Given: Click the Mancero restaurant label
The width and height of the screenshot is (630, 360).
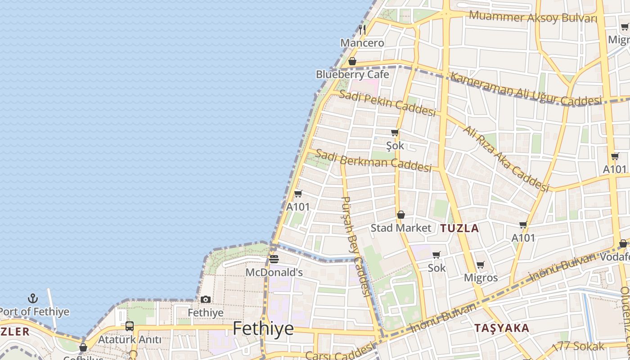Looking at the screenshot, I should (362, 43).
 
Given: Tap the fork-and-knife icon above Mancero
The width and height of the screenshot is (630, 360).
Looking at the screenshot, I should (362, 30).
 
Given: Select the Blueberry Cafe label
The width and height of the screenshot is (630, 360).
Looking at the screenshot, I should (352, 74).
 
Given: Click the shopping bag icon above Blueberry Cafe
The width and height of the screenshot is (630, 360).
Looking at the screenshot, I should (352, 61).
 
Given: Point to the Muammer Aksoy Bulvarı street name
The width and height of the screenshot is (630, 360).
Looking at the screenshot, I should (533, 18).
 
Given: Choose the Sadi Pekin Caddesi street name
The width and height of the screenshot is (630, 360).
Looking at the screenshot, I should (387, 103).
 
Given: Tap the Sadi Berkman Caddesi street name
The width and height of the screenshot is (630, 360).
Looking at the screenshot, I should (373, 160).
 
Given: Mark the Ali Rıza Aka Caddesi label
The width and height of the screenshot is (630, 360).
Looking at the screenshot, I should (506, 157).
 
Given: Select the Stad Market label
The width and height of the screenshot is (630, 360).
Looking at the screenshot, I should (400, 228).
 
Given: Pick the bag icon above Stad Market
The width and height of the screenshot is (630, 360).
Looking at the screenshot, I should (400, 215).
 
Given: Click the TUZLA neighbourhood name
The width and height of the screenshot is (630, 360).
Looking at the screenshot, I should (459, 228).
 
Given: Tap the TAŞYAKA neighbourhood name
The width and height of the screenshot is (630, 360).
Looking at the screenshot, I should (502, 328).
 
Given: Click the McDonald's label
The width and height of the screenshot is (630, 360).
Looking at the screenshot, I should (274, 272).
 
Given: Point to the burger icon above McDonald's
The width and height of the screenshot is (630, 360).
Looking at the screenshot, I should (274, 259).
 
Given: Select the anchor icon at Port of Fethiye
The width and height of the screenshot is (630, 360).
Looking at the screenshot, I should (32, 298).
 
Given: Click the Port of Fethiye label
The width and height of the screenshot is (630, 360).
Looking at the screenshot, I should (34, 311).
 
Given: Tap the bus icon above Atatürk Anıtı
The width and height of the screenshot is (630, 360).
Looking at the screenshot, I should (130, 326).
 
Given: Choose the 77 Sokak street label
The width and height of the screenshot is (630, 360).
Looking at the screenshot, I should (580, 346).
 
